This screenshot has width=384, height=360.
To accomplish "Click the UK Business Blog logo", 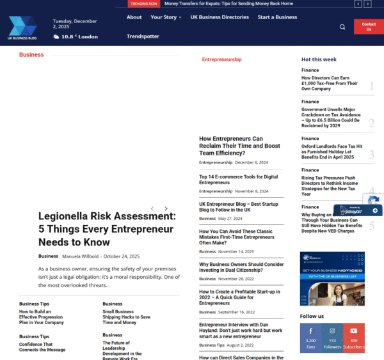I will (23, 27).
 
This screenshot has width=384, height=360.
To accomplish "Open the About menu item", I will (134, 17).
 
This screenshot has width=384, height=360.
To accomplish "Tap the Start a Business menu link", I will (277, 17).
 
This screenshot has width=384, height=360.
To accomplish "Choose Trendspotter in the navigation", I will (143, 36).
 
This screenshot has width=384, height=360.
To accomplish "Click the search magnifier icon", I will (342, 27).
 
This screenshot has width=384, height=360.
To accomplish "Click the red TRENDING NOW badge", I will (144, 4).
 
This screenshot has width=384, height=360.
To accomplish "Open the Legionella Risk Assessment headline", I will (107, 229).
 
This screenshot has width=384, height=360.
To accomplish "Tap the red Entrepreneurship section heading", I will (221, 59).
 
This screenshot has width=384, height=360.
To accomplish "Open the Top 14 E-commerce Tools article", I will (238, 180).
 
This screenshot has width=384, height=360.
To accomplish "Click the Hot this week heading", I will (319, 59).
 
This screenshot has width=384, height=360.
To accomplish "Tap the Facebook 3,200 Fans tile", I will (310, 338).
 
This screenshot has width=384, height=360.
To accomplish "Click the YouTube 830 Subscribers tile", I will (354, 338).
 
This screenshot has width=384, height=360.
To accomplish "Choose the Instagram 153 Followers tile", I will (332, 338).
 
